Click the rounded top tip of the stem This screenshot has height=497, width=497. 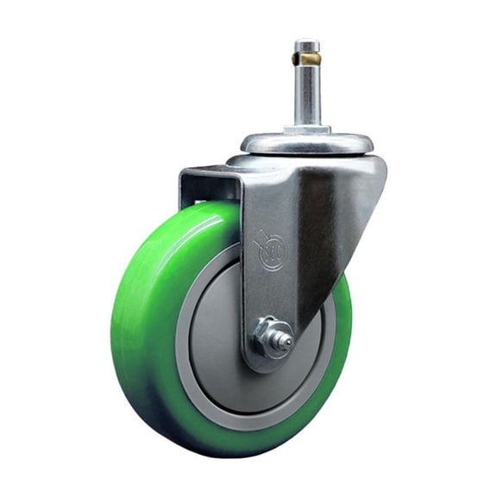click(x=306, y=43)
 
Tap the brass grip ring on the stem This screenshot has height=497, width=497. click(x=306, y=59)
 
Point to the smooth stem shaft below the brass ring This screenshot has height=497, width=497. click(x=306, y=95)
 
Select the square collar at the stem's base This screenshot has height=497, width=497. click(x=306, y=129)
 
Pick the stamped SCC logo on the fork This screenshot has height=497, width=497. click(x=272, y=250)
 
